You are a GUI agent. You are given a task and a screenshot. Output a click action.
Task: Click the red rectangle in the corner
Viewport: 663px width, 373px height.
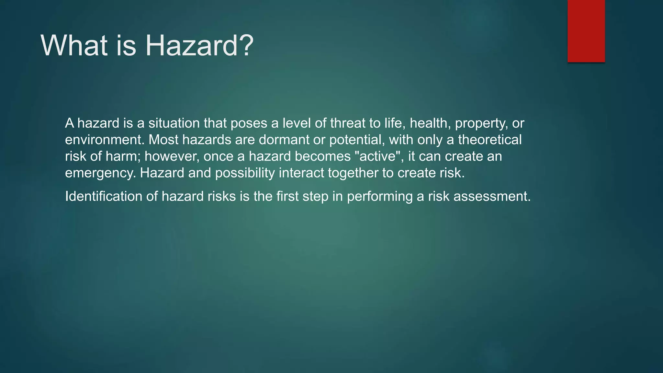click(x=586, y=31)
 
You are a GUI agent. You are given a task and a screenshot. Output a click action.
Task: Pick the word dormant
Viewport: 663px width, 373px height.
click(x=284, y=140)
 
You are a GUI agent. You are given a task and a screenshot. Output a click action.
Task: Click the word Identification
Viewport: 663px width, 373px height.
click(x=104, y=197)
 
